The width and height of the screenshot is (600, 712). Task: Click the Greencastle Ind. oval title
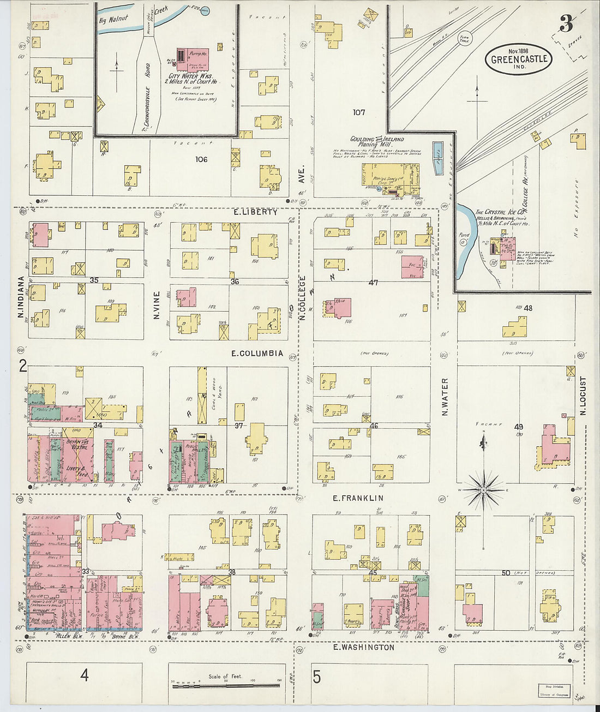[519, 59]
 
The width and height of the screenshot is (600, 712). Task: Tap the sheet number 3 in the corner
[566, 24]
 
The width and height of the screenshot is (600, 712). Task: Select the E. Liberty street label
[256, 212]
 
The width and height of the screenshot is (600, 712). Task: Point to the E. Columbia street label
[257, 354]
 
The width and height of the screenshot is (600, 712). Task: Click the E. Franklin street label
[358, 498]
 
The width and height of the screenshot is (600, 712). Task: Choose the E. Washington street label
[363, 648]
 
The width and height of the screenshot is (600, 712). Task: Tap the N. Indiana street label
[21, 298]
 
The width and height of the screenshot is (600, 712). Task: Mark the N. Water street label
[445, 397]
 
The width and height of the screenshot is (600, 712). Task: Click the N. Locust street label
[583, 396]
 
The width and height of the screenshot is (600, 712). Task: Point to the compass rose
[483, 490]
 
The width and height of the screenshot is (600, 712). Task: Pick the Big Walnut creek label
[113, 19]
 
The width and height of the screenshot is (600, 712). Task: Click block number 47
[373, 283]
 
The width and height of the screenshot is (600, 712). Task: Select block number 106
[201, 159]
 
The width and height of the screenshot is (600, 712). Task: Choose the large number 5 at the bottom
[317, 677]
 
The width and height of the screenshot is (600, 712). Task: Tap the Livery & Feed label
[74, 472]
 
